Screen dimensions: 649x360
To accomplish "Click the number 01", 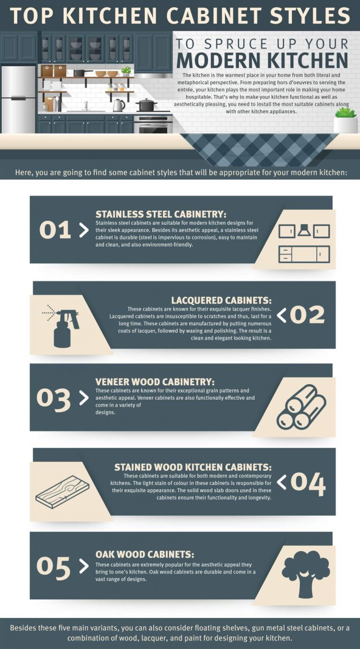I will [x=55, y=230].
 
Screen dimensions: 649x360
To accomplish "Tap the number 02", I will [x=307, y=315].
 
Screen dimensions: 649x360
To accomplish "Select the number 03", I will [x=53, y=398].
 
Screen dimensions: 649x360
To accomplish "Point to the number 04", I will [x=307, y=483].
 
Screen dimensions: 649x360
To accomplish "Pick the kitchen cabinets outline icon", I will [x=304, y=243].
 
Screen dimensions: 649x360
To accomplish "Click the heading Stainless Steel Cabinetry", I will [x=161, y=214].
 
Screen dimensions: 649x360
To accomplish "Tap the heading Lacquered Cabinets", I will [x=221, y=300].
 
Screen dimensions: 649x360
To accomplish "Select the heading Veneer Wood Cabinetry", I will [x=155, y=382].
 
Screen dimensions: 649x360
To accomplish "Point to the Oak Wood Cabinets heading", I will [x=144, y=554].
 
